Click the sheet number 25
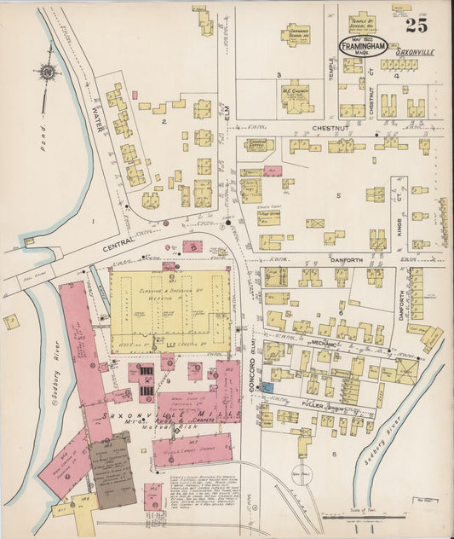[x=417, y=25]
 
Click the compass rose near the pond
[x=45, y=71]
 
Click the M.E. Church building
[x=296, y=94]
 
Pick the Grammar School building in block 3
[x=296, y=35]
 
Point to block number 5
[x=337, y=196]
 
